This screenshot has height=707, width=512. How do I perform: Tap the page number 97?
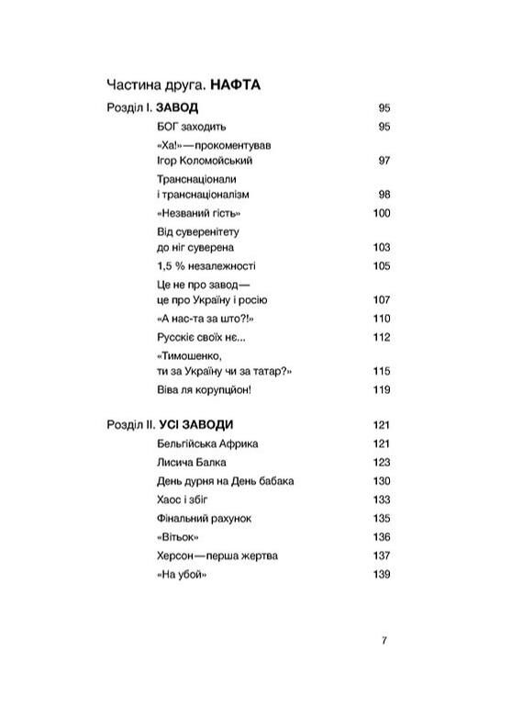click(x=384, y=160)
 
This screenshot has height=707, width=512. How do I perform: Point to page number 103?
click(x=382, y=248)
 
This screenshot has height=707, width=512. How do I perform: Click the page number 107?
click(x=382, y=300)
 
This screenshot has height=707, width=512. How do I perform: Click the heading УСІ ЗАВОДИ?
click(x=196, y=424)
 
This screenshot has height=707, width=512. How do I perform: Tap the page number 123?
click(x=382, y=462)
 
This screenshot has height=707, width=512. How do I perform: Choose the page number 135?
click(x=382, y=518)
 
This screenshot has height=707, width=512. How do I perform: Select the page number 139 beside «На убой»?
click(x=382, y=574)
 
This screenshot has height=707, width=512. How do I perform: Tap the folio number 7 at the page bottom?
click(x=384, y=641)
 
